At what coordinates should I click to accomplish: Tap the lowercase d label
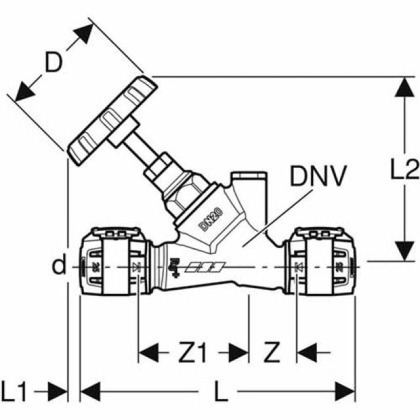(60, 266)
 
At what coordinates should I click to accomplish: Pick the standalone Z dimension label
(271, 354)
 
